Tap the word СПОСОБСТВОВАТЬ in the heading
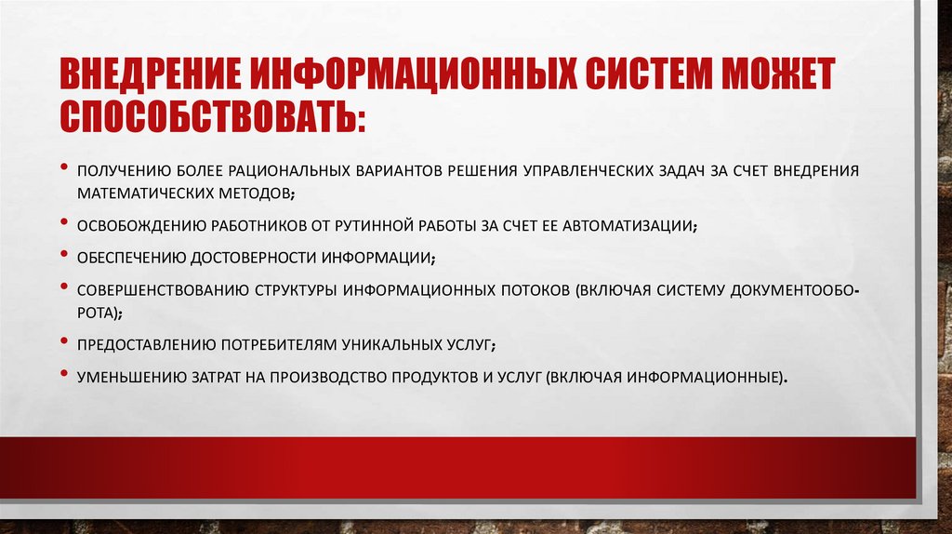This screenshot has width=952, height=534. pyautogui.click(x=213, y=116)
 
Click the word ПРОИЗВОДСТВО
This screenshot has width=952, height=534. pyautogui.click(x=353, y=377)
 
